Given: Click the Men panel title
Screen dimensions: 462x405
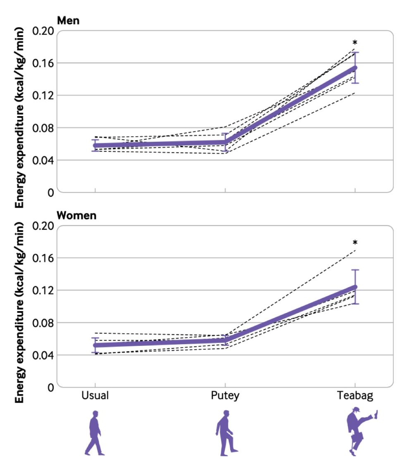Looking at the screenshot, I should (x=69, y=21).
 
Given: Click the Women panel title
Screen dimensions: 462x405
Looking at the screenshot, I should (x=76, y=216).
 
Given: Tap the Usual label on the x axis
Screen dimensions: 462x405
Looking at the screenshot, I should (x=95, y=395).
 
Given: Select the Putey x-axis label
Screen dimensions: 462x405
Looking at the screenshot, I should (x=225, y=395).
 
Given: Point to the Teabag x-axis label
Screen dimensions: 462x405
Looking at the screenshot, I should (x=355, y=395).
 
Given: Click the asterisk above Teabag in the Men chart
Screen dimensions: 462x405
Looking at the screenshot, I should (x=355, y=43).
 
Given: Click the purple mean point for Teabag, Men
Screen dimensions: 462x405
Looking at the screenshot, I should (x=355, y=68).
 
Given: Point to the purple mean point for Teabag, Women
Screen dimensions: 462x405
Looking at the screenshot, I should (x=355, y=287).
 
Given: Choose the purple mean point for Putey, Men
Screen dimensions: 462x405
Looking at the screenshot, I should (x=225, y=143).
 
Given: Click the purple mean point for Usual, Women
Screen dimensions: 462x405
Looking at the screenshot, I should (x=95, y=345).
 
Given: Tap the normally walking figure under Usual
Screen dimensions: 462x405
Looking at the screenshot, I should (x=95, y=433).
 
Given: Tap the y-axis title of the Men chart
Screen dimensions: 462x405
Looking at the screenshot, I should (x=20, y=117).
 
